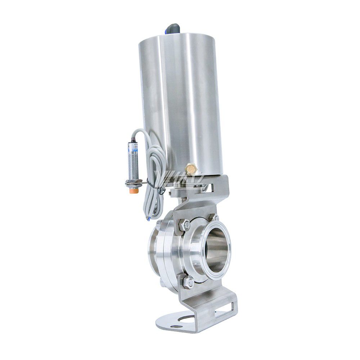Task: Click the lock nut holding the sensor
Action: (x=133, y=183)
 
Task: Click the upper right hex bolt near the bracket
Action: (x=215, y=218)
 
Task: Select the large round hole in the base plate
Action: (x=186, y=318)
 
